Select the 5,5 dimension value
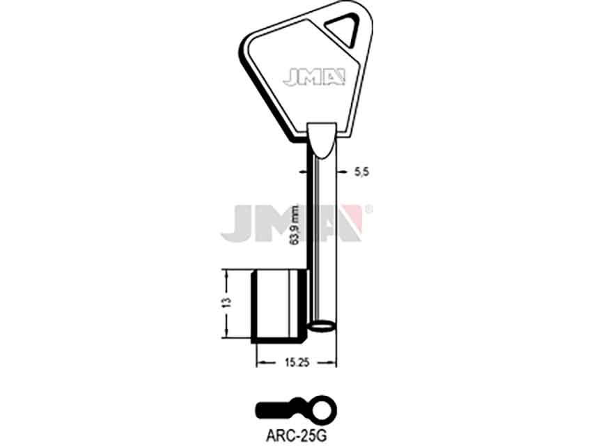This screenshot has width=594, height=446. click(361, 172)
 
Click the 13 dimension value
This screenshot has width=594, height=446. click(226, 302)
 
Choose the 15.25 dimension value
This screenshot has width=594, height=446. click(297, 363)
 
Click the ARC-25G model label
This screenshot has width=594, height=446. click(296, 436)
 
